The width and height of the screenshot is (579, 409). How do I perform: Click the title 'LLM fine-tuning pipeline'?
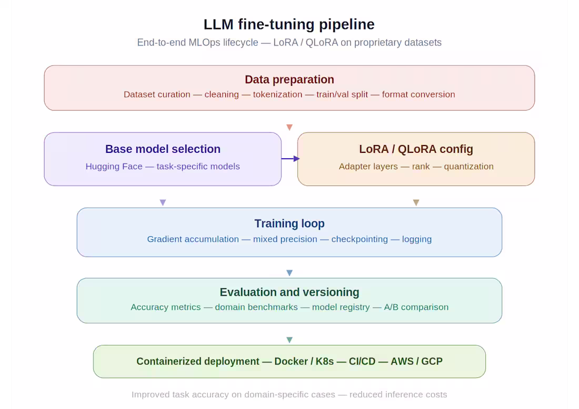pyautogui.click(x=289, y=24)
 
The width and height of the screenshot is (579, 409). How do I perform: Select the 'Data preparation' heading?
pyautogui.click(x=289, y=80)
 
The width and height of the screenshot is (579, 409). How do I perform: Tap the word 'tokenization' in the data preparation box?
pyautogui.click(x=277, y=95)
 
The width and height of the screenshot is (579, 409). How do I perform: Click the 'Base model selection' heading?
pyautogui.click(x=163, y=149)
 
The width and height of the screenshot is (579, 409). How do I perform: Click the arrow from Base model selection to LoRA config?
pyautogui.click(x=290, y=158)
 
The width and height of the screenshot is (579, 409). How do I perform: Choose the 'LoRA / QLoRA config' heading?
pyautogui.click(x=416, y=149)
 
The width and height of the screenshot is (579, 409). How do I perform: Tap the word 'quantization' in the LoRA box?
pyautogui.click(x=468, y=167)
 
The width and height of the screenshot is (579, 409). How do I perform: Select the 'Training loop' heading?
pyautogui.click(x=289, y=223)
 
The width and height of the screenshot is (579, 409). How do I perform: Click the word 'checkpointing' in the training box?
pyautogui.click(x=359, y=239)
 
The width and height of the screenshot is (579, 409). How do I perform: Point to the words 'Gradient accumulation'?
pyautogui.click(x=193, y=239)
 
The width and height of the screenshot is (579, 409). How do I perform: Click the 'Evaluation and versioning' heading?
pyautogui.click(x=289, y=292)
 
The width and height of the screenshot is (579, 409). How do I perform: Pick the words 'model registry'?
pyautogui.click(x=341, y=307)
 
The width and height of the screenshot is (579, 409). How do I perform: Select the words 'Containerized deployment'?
pyautogui.click(x=197, y=362)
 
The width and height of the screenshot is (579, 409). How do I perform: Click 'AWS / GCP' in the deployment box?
pyautogui.click(x=416, y=362)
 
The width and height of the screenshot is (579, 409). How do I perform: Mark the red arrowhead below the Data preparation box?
pyautogui.click(x=289, y=128)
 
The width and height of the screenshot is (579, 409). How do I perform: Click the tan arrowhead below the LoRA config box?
pyautogui.click(x=416, y=202)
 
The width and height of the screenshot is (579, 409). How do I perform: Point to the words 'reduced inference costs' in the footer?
pyautogui.click(x=398, y=395)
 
